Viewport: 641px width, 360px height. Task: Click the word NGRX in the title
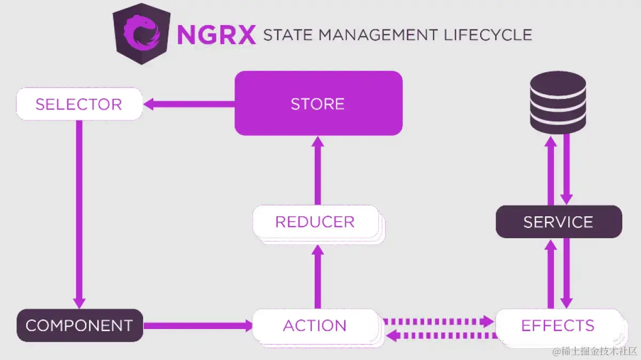tap(216, 35)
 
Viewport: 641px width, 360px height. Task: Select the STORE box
tap(318, 103)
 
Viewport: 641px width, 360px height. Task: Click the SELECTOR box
tap(79, 104)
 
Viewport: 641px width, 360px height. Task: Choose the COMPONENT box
tap(79, 325)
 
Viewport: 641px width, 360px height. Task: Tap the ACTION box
tap(315, 325)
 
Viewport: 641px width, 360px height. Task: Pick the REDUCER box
tap(315, 222)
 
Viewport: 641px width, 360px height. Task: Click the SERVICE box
tap(558, 222)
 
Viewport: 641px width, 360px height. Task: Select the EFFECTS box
tap(558, 325)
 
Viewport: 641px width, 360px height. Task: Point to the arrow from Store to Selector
tap(189, 104)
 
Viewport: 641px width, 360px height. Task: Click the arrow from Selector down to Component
tap(79, 214)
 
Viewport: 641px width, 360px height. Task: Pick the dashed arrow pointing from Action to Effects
tap(438, 321)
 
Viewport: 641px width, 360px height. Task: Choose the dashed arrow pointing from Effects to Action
tap(440, 335)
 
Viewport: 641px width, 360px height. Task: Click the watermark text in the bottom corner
tap(595, 351)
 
